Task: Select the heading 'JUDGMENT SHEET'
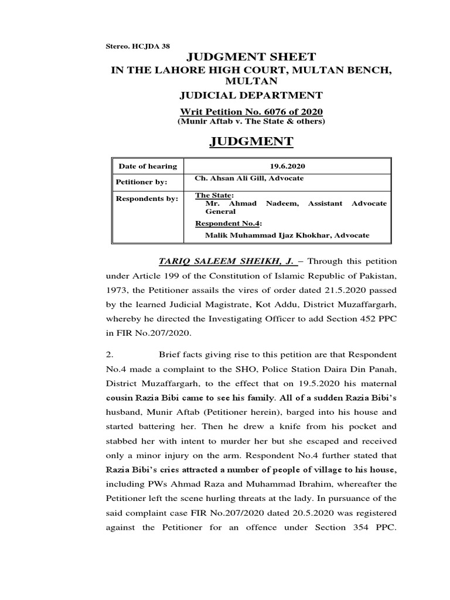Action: point(251,57)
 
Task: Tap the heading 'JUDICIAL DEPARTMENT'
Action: point(251,96)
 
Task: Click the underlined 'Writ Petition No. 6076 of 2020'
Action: point(251,111)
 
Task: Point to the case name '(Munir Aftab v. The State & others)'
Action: point(251,121)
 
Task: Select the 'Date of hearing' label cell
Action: point(148,166)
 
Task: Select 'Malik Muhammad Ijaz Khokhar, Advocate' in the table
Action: point(287,235)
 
